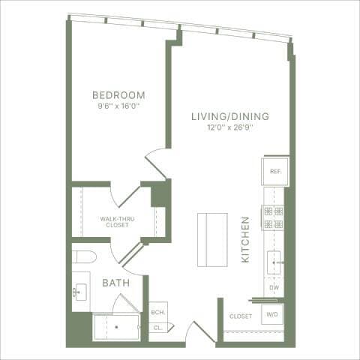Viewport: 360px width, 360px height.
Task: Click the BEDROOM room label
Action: pyautogui.click(x=118, y=95)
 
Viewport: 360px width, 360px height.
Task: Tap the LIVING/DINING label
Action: pyautogui.click(x=229, y=116)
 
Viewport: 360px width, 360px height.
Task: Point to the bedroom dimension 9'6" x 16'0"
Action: pyautogui.click(x=118, y=106)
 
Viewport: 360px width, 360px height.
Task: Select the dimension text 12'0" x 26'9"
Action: pyautogui.click(x=229, y=127)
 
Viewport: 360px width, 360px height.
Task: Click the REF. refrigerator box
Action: pyautogui.click(x=274, y=171)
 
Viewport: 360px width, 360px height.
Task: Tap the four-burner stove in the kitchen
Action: pyautogui.click(x=274, y=217)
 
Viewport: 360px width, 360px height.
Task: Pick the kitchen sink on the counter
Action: pyautogui.click(x=274, y=263)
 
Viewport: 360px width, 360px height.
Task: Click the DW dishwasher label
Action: pyautogui.click(x=274, y=288)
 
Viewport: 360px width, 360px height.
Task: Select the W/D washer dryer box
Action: pyautogui.click(x=271, y=316)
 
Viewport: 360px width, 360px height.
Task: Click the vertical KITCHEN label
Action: pyautogui.click(x=245, y=239)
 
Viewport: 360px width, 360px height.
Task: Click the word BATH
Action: pyautogui.click(x=116, y=283)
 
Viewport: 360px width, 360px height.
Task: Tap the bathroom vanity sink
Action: pyautogui.click(x=81, y=291)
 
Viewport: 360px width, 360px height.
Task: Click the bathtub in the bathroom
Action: pyautogui.click(x=115, y=327)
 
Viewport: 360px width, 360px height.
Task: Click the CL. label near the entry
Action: pyautogui.click(x=158, y=327)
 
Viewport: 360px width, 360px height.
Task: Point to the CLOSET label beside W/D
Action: pyautogui.click(x=241, y=316)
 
